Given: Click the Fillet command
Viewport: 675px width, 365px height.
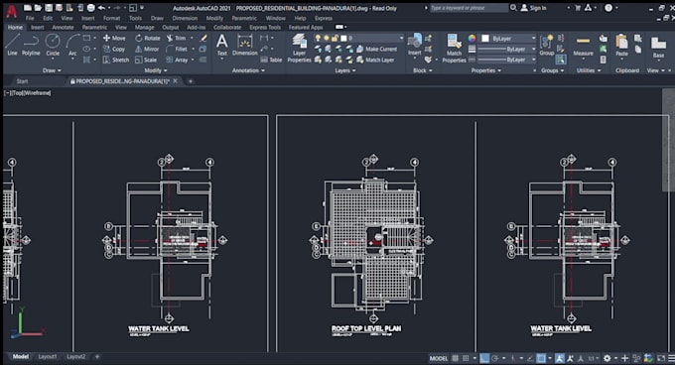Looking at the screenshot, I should coord(180,49).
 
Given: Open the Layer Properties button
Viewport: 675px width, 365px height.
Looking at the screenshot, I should coord(299,48).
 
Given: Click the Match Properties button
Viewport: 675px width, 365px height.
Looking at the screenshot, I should coord(454,48).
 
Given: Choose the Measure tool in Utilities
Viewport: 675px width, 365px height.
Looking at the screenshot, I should coord(583,46).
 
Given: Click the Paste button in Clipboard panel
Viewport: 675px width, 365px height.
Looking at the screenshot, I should coord(621,45).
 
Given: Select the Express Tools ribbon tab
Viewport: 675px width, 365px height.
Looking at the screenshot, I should coord(263,27).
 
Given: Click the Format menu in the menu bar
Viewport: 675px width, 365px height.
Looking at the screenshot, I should coord(112,18).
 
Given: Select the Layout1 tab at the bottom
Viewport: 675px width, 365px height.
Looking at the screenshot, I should coord(48,356).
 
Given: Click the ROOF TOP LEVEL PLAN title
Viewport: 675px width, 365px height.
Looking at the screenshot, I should coord(366,327).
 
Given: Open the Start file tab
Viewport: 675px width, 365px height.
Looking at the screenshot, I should coord(22,80).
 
